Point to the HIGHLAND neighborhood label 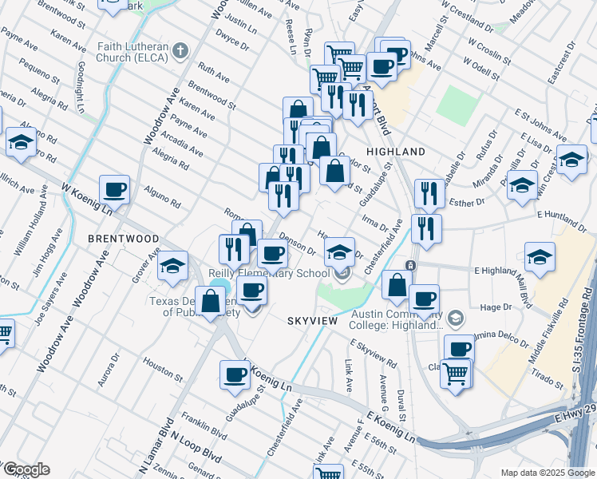(395, 152)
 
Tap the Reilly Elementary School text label (269, 274)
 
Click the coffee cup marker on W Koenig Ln (114, 190)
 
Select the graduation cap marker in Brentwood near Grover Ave (172, 267)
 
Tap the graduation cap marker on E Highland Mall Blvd (540, 257)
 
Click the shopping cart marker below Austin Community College (456, 373)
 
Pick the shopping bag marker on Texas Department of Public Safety (211, 302)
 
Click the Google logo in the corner (26, 469)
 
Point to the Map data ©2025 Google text (547, 473)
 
